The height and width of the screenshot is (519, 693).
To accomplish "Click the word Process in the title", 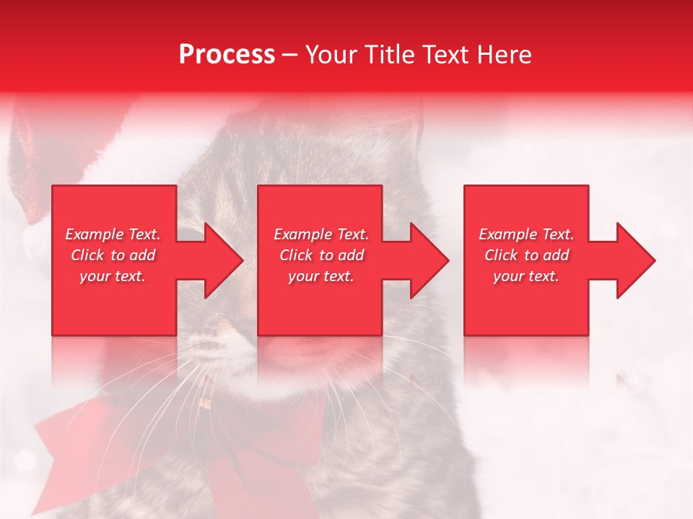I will click(x=227, y=55).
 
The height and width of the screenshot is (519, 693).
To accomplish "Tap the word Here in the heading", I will click(x=504, y=55).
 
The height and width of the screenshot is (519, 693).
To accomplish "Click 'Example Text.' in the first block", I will click(x=113, y=234).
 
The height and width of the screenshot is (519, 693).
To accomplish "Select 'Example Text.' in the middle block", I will click(x=321, y=234).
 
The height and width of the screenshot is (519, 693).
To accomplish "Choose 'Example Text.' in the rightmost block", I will click(x=526, y=234).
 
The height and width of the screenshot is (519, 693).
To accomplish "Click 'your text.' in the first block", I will click(x=113, y=276).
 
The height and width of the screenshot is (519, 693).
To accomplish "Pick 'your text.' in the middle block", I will click(x=321, y=276).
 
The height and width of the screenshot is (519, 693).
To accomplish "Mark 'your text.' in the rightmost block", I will click(x=526, y=276).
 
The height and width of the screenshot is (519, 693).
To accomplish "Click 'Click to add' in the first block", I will click(x=113, y=255).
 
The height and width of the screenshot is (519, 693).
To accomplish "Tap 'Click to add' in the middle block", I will click(x=321, y=255).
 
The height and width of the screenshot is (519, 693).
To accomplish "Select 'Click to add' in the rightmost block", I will click(x=526, y=255).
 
